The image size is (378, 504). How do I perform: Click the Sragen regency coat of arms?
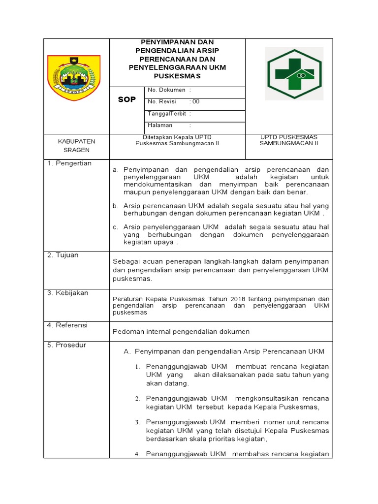pos(73,78)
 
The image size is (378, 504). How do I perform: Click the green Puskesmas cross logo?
pos(294,74)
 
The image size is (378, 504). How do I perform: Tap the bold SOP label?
pos(126,99)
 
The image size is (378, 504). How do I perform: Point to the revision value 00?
pos(196,102)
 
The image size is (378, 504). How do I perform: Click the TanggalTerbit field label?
pos(166,114)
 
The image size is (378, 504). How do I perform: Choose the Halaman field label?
pos(159,125)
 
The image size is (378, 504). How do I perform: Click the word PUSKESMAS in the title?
pos(177,76)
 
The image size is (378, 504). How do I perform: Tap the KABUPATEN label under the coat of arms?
pos(77,141)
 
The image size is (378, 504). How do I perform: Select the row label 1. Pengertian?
pos(69,163)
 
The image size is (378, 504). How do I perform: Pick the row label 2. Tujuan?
pos(63,255)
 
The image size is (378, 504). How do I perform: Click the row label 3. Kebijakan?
pos(67,293)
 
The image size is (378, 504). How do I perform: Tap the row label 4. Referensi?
pos(67,325)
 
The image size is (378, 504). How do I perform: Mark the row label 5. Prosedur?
pos(66,345)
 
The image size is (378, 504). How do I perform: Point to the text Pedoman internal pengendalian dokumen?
pos(181,332)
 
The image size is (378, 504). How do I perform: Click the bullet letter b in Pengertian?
pos(116,205)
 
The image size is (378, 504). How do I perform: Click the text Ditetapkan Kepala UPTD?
pos(177,137)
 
